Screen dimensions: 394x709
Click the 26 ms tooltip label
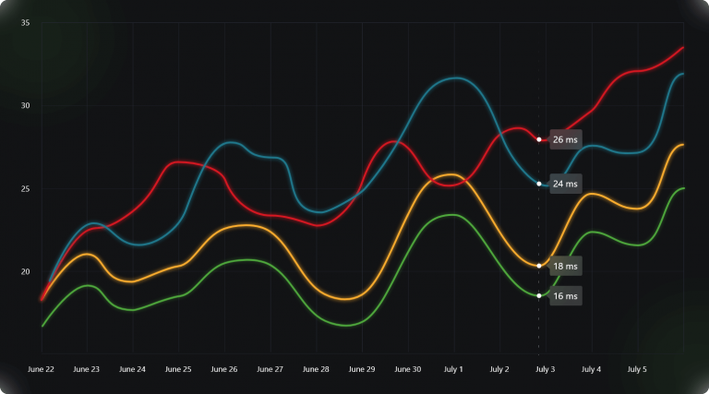565,139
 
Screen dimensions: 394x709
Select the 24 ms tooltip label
565,184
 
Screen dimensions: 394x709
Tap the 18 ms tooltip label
565,266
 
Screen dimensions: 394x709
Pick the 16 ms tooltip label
565,296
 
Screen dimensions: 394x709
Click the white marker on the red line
539,139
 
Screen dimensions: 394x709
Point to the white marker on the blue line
539,184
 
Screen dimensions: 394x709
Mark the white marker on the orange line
539,266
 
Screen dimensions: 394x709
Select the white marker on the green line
539,295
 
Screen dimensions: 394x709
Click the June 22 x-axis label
42,369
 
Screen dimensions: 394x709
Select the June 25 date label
178,369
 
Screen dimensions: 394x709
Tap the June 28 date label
316,369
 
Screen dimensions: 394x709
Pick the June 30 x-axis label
407,369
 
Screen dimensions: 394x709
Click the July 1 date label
453,369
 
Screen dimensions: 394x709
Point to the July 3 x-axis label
545,369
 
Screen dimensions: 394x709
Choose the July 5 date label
636,369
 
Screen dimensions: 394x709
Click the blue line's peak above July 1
453,78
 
